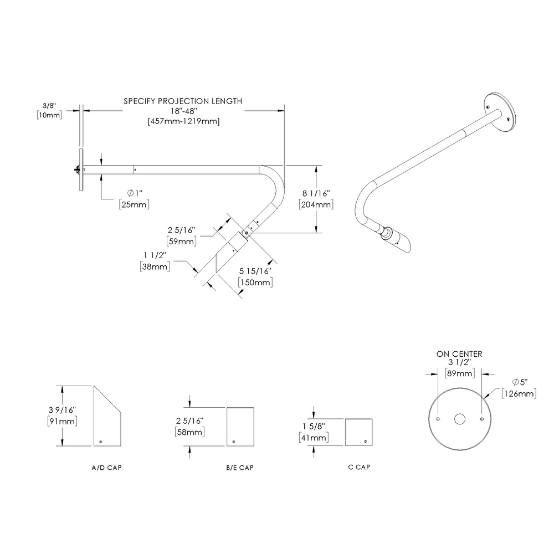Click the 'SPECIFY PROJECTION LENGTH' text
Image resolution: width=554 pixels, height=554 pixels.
(x=183, y=101)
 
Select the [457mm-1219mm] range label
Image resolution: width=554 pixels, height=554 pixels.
(x=183, y=121)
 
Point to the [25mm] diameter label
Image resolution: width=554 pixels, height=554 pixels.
(x=134, y=204)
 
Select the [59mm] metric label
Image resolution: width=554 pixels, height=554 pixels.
(x=182, y=241)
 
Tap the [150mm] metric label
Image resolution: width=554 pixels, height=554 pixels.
(x=255, y=283)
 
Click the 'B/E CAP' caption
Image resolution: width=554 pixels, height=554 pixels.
(x=240, y=468)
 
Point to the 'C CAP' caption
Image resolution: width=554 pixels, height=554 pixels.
(x=359, y=467)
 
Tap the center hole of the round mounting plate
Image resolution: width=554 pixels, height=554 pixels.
(x=460, y=419)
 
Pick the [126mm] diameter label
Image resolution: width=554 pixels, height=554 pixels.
(x=519, y=394)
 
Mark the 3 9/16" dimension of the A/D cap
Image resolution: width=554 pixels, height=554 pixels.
(x=63, y=410)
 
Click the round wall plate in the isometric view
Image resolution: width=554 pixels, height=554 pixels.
(x=501, y=111)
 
